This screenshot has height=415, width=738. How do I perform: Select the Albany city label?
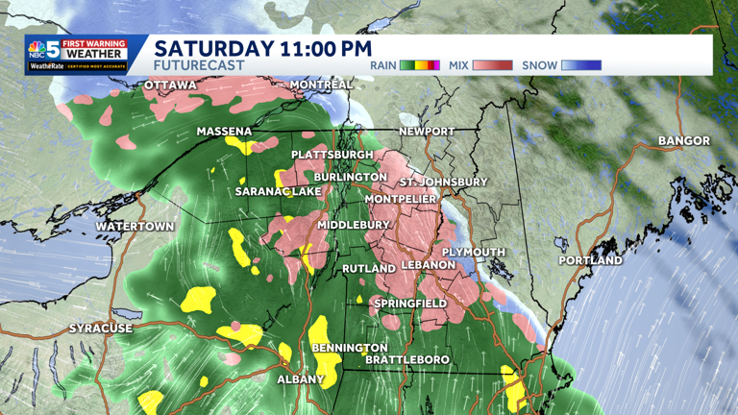pos(301,380)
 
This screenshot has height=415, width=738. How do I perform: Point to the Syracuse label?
pos(101,329)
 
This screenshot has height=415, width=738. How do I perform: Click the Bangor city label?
pos(684,141)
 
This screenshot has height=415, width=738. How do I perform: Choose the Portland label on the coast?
pos(591,260)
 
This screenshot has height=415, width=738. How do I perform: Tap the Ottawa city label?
pos(170,85)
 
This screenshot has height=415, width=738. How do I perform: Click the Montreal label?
pos(321,85)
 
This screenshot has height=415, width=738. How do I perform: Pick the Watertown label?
pos(135,227)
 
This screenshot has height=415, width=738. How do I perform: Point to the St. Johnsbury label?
pos(444,182)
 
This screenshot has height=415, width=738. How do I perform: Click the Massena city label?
pos(224,132)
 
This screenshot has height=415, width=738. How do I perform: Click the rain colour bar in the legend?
pos(420,65)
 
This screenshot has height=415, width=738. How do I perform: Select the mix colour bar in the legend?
pos(491,65)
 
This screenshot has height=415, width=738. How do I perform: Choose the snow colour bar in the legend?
pos(581,65)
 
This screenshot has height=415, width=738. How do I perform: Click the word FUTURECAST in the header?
pos(200,65)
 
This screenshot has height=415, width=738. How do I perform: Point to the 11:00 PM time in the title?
pos(322,47)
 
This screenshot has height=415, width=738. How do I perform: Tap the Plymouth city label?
pos(474,252)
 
